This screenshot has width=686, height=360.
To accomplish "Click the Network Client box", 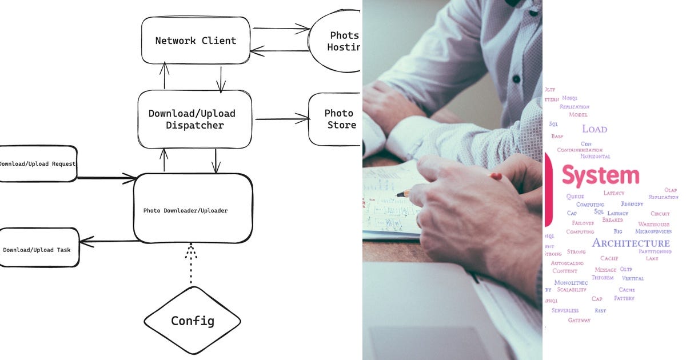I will point(196,40).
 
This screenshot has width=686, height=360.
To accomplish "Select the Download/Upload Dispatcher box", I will point(194,119).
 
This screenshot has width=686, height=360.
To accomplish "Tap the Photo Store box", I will point(337,119).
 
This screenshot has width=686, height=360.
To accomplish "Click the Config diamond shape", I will point(192,320).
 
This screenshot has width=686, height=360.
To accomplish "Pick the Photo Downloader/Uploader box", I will point(193,209).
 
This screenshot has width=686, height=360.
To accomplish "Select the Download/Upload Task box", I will point(38,247).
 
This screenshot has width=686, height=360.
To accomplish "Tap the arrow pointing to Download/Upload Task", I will point(109,241).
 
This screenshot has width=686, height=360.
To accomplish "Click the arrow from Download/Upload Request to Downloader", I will point(106,178).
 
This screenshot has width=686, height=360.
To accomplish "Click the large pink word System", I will point(600,175).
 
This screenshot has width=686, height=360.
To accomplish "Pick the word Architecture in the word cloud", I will point(631,243).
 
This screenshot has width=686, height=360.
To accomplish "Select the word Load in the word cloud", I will point(595,129).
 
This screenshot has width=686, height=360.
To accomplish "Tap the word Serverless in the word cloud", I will point(565,310).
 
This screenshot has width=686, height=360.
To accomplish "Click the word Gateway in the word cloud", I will point(579,320).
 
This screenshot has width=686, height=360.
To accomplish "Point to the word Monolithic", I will point(571,282).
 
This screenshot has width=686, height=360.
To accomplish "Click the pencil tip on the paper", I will point(400,195).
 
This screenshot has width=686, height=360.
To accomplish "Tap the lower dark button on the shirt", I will point(516,79).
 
